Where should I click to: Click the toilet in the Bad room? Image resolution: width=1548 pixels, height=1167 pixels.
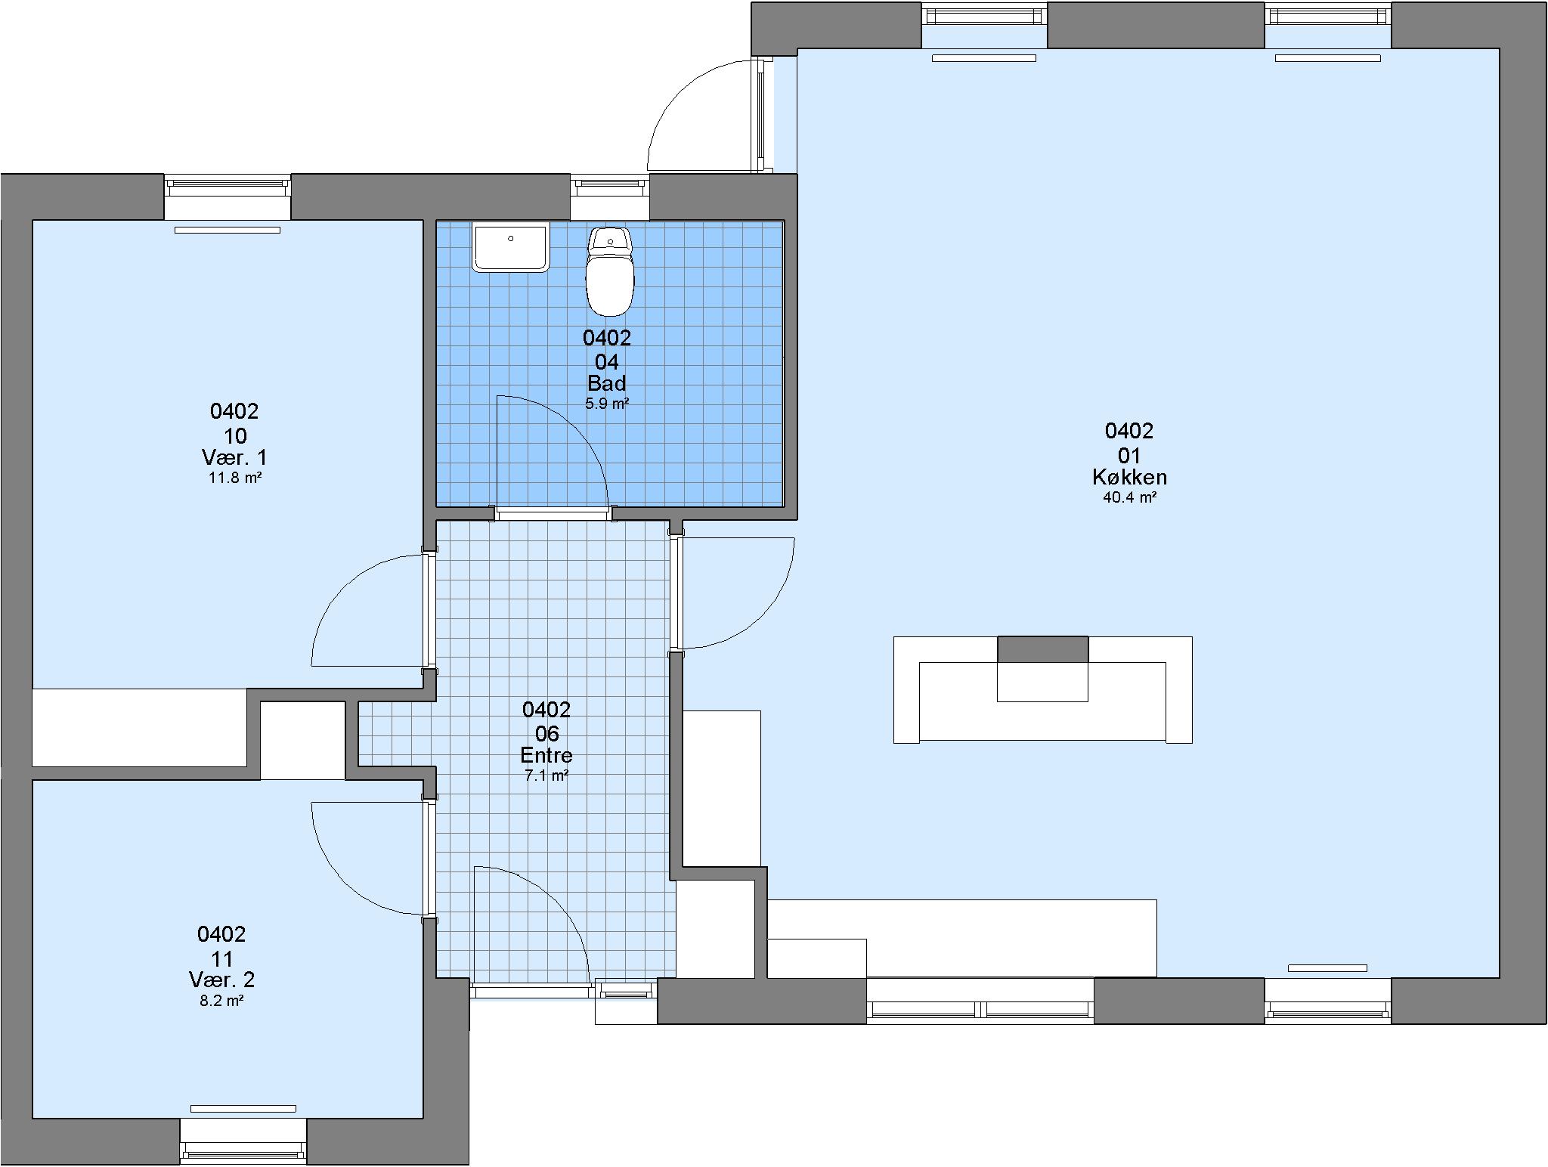610,271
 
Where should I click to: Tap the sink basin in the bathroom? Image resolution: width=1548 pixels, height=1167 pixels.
510,247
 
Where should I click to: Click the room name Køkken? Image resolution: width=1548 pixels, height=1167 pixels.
1129,477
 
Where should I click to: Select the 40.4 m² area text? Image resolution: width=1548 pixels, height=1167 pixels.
1129,497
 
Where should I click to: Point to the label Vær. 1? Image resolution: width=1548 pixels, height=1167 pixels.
234,457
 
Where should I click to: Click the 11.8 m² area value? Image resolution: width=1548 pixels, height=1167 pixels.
235,478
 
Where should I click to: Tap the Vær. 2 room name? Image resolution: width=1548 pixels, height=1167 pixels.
221,980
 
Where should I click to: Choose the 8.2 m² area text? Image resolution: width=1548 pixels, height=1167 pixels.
221,1001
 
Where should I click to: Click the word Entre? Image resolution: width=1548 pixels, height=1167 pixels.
546,755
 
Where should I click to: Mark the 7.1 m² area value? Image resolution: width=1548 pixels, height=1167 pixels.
546,775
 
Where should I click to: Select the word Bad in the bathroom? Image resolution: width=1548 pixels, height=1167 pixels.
607,383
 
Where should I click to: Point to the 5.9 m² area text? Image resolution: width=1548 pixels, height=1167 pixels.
607,404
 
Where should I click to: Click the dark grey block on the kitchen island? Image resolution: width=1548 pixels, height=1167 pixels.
1043,649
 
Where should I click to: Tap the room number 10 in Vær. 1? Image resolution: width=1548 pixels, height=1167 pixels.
235,436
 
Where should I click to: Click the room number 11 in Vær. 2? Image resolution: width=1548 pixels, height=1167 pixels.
221,959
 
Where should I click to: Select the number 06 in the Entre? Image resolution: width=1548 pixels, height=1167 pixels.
546,734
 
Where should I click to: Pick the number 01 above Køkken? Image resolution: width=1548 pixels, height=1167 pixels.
1129,456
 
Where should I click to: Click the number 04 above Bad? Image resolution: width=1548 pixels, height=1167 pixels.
607,362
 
